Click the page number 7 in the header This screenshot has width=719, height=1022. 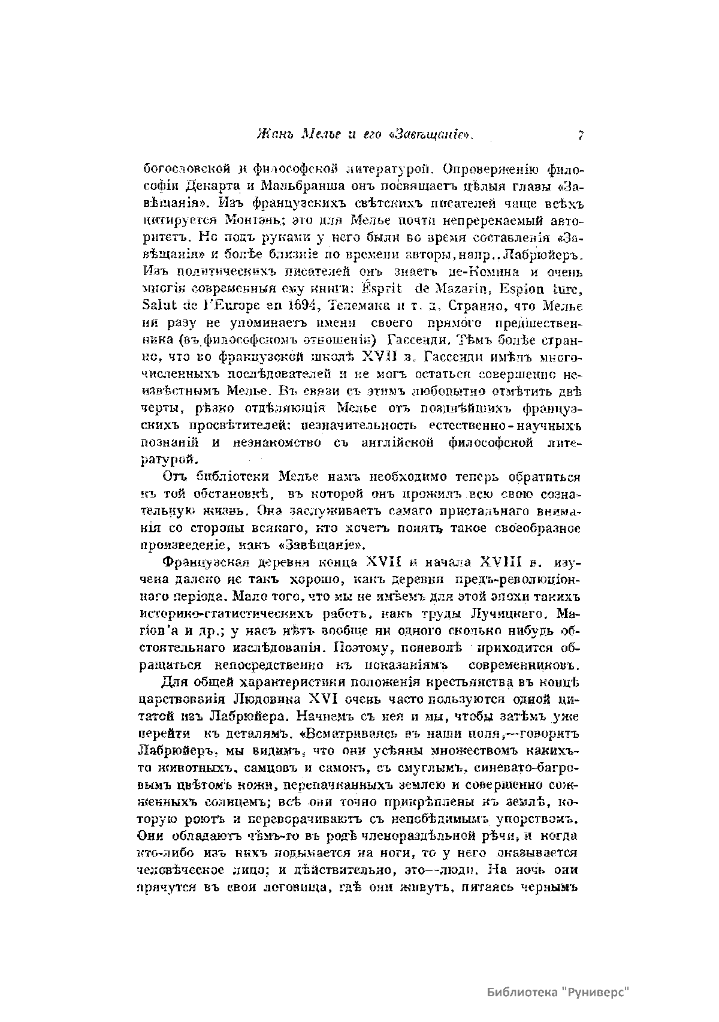(x=581, y=135)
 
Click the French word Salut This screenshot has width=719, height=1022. (x=157, y=306)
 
